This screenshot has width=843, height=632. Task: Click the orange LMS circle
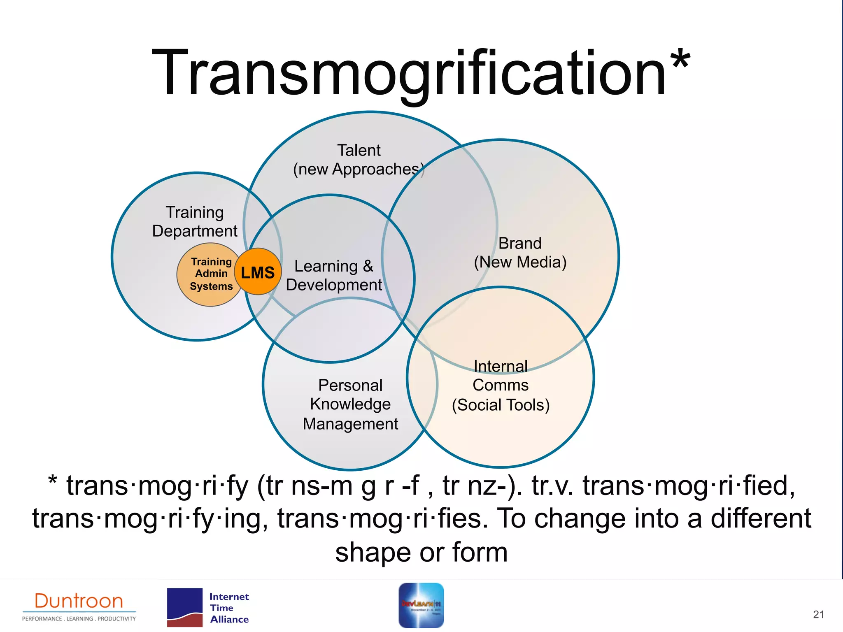pos(258,272)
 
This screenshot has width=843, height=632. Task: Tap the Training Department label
pos(195,222)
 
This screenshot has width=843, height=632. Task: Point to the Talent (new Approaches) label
pos(359,160)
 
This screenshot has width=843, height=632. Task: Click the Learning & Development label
pos(334,275)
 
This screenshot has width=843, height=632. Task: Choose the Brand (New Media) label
pos(520,253)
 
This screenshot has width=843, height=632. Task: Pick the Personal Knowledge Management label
pos(350,404)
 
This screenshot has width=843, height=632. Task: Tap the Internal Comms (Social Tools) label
pos(501,386)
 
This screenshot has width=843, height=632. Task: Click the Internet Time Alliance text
pos(229,608)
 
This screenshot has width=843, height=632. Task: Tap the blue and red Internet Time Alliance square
pos(185,608)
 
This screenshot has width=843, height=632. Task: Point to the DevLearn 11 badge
pos(421,605)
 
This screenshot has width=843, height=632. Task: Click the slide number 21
pos(818,614)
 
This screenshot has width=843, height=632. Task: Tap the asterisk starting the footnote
pos(52,481)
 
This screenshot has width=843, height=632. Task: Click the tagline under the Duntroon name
pos(79,618)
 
